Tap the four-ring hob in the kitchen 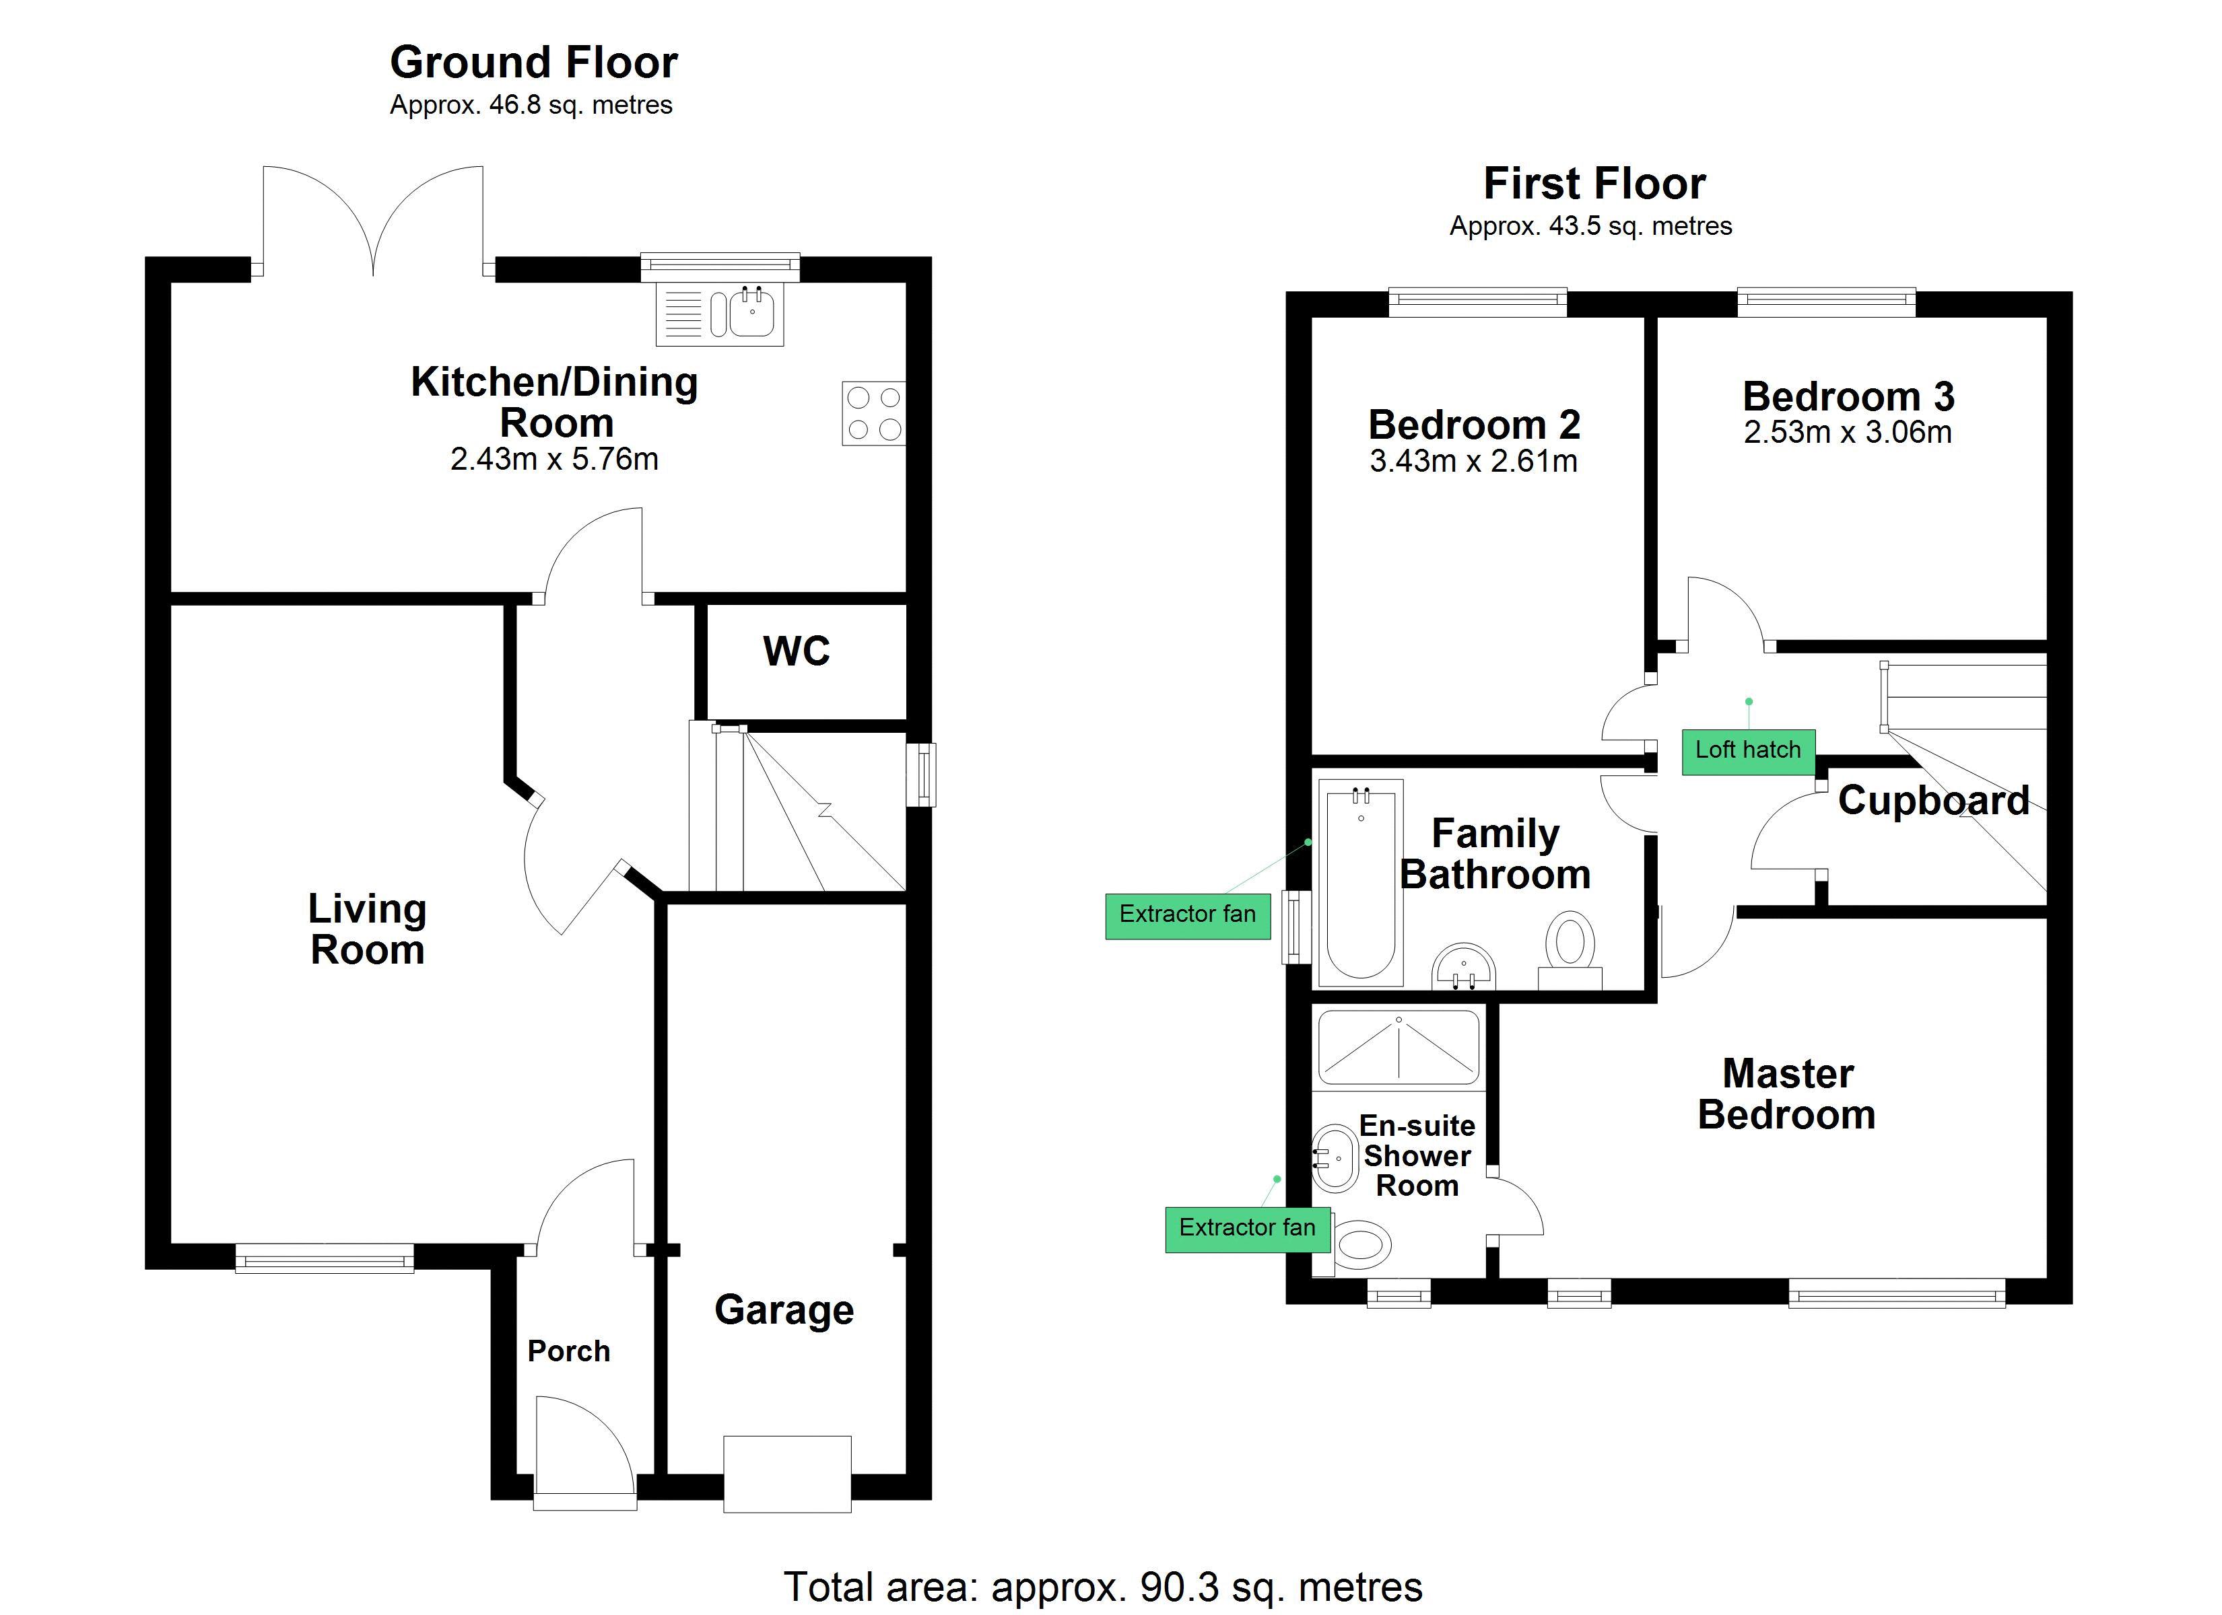click(873, 413)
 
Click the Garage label click(784, 1309)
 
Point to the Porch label click(568, 1351)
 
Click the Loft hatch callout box click(1748, 751)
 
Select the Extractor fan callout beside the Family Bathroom click(1187, 914)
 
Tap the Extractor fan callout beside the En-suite click(1246, 1228)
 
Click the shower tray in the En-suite click(1398, 1048)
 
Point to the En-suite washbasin click(1335, 1159)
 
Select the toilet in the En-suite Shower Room click(1360, 1246)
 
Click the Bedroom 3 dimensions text click(1847, 433)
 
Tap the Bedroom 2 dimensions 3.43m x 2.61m click(1473, 462)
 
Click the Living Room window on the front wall click(325, 1258)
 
